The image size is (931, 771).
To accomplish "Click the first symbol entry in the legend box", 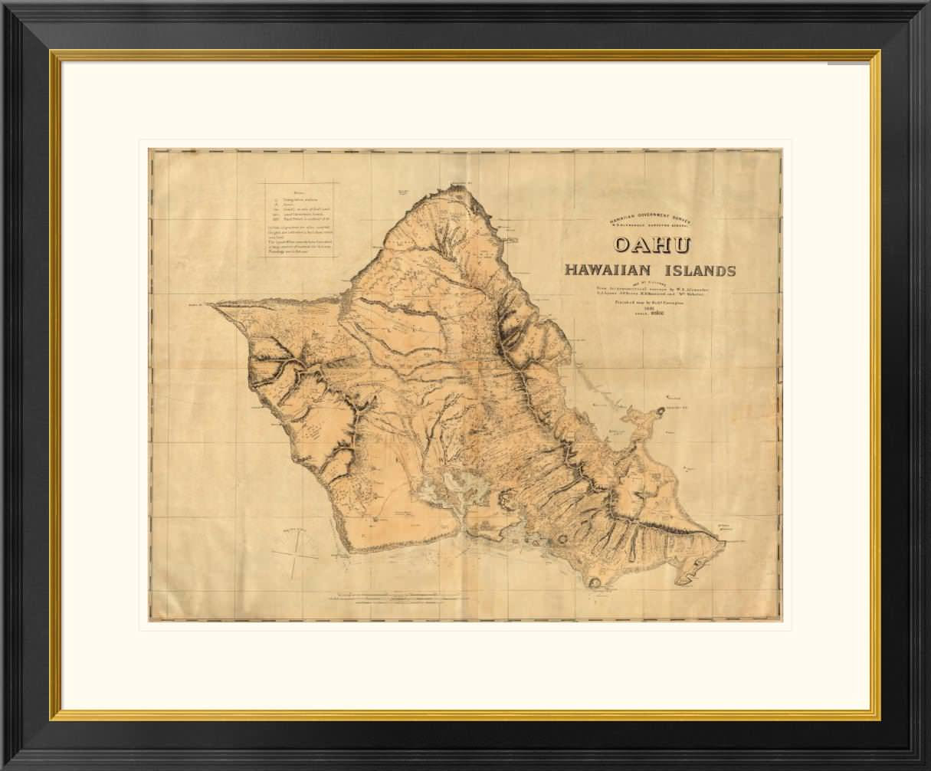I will click(x=295, y=198).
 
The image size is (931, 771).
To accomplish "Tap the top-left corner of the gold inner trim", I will click(x=54, y=52).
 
